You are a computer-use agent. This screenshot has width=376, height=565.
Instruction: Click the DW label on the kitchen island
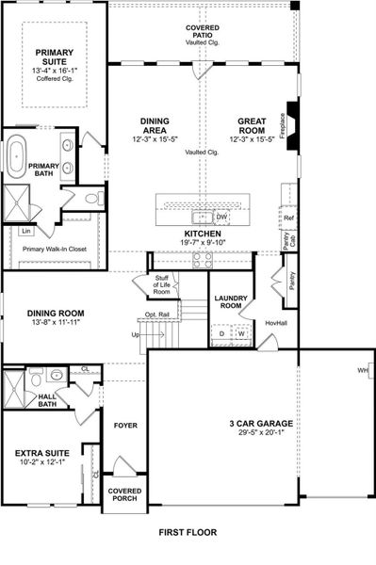click(x=222, y=216)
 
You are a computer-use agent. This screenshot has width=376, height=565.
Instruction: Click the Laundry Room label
click(x=231, y=302)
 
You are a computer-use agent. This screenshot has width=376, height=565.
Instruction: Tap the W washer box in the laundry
click(x=240, y=333)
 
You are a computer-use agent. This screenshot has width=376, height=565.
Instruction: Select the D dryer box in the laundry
click(x=221, y=333)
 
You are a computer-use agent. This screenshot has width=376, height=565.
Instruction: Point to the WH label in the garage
click(x=362, y=370)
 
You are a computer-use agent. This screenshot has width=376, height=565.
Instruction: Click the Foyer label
click(x=125, y=426)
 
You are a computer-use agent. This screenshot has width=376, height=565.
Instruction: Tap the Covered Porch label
click(x=124, y=494)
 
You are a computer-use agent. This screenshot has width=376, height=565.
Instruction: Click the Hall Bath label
click(x=48, y=401)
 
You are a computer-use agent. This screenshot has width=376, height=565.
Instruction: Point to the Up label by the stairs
click(x=134, y=334)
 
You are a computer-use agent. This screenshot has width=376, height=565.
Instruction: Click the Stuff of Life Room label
click(x=161, y=283)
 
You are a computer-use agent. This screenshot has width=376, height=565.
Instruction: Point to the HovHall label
click(x=275, y=323)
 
